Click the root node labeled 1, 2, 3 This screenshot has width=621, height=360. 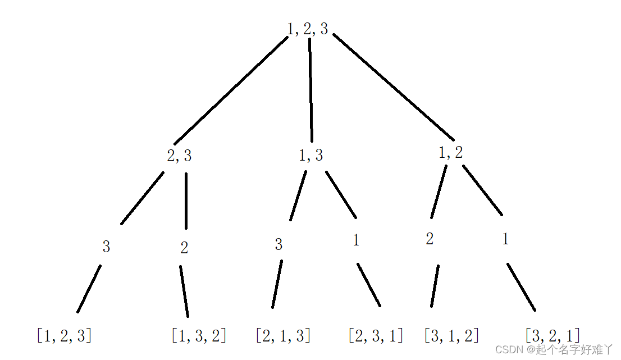(308, 29)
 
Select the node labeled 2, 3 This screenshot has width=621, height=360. (179, 156)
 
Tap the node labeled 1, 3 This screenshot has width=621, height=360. (311, 156)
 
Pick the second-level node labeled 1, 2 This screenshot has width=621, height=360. (451, 153)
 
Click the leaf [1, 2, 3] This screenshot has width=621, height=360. (64, 336)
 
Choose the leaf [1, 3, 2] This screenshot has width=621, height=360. (199, 336)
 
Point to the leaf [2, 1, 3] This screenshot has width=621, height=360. (283, 336)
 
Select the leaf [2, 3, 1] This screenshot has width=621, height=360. (376, 336)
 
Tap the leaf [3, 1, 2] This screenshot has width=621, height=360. (451, 336)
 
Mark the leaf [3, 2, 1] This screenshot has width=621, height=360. (552, 336)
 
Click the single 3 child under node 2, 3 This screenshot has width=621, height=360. (106, 247)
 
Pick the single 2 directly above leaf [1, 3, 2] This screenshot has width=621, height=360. (184, 248)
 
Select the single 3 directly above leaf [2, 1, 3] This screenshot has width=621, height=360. (278, 245)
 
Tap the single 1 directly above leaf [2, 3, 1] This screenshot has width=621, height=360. (356, 241)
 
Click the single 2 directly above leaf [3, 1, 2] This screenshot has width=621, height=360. (430, 239)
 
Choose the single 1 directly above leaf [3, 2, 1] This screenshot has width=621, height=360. (505, 240)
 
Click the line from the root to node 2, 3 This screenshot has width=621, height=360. (231, 90)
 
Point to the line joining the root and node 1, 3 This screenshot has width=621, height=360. (310, 90)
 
